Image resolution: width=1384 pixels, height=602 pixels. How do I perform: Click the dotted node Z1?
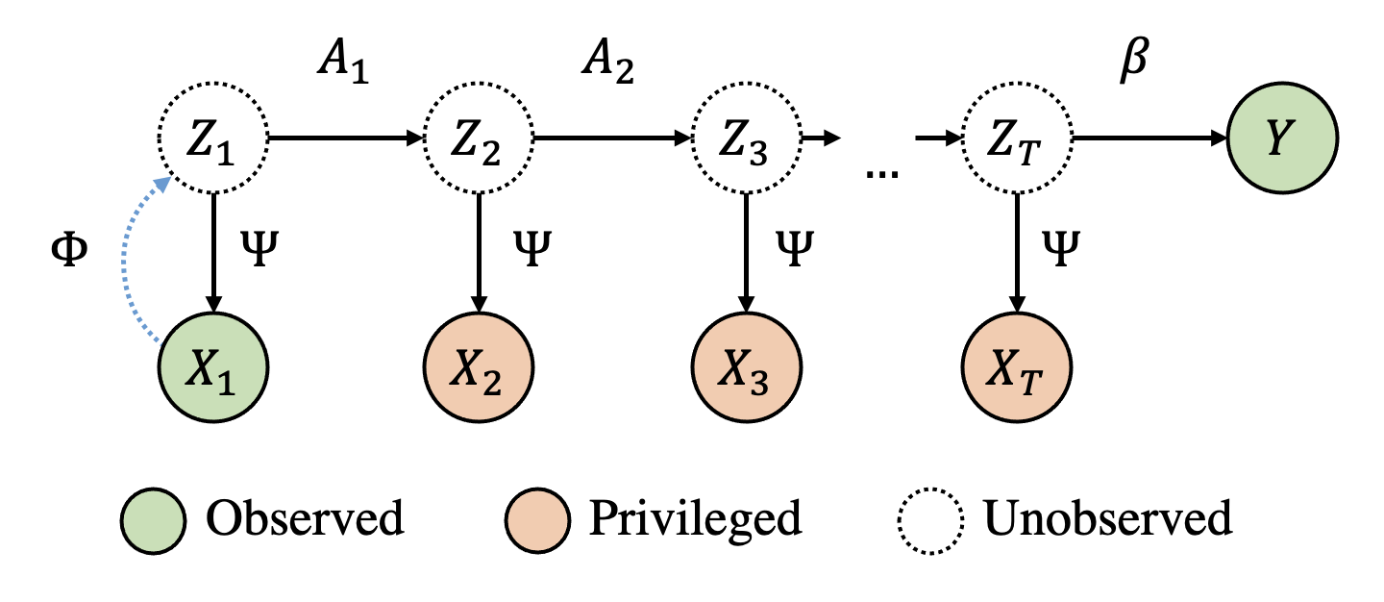[213, 138]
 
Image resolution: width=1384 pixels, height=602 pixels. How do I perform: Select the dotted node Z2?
[479, 138]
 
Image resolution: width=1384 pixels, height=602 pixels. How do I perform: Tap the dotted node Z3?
[747, 138]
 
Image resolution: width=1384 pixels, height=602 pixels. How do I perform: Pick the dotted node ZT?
[1017, 138]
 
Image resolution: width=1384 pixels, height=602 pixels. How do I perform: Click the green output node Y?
[1282, 138]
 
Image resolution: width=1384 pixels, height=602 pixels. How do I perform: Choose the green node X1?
[213, 368]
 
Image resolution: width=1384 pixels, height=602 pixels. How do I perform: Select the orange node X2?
[479, 368]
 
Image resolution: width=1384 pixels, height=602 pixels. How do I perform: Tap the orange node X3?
[747, 368]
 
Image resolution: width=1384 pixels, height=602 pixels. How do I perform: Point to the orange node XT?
[1017, 368]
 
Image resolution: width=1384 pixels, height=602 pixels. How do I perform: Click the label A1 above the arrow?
[343, 63]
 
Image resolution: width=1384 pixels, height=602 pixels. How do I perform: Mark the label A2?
[608, 63]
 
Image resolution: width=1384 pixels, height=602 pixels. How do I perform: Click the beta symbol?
[1134, 60]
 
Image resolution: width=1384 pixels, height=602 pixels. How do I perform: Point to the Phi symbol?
[68, 250]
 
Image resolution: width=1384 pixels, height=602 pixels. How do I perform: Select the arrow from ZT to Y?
[1149, 138]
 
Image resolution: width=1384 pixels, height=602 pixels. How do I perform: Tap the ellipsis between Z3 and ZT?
[881, 174]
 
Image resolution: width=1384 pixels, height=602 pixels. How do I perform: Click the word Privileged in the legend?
[696, 519]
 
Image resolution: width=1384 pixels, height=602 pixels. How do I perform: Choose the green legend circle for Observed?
[153, 520]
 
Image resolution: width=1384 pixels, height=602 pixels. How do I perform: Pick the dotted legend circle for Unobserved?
[930, 520]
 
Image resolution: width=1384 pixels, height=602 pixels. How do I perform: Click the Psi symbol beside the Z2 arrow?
[532, 248]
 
